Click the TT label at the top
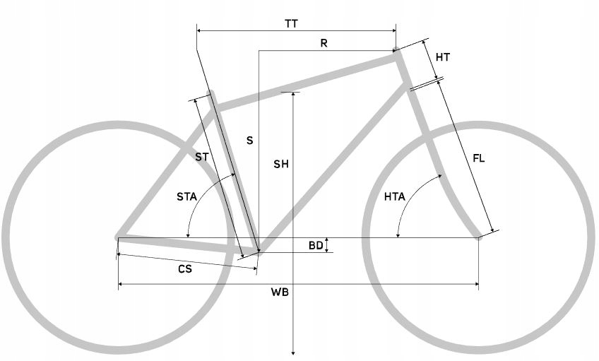click(x=291, y=23)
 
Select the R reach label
click(x=324, y=43)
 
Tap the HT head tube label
click(x=443, y=57)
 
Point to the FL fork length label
click(x=479, y=158)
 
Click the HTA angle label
click(x=395, y=196)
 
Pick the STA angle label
click(x=187, y=196)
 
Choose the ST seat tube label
click(x=202, y=158)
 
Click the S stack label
click(x=249, y=141)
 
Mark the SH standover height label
click(x=281, y=165)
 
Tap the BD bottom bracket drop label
click(x=316, y=245)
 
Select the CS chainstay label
click(x=184, y=268)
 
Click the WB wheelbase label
click(x=281, y=292)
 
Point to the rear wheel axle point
click(x=118, y=238)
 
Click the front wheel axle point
click(x=479, y=237)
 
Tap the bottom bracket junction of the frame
click(x=258, y=249)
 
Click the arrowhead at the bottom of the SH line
click(x=292, y=352)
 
